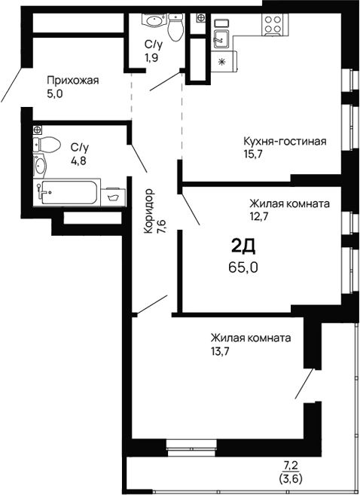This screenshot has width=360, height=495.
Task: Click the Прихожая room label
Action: coord(73,80)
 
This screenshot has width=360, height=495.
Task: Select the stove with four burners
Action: coord(271,27)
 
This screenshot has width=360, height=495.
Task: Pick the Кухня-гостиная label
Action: coord(284,141)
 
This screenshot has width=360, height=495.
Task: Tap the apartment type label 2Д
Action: coord(242,246)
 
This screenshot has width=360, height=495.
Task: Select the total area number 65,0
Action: coord(243,266)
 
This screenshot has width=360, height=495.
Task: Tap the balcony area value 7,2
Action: coord(291,466)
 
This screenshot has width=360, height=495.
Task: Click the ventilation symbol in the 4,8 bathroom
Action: coord(37,130)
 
